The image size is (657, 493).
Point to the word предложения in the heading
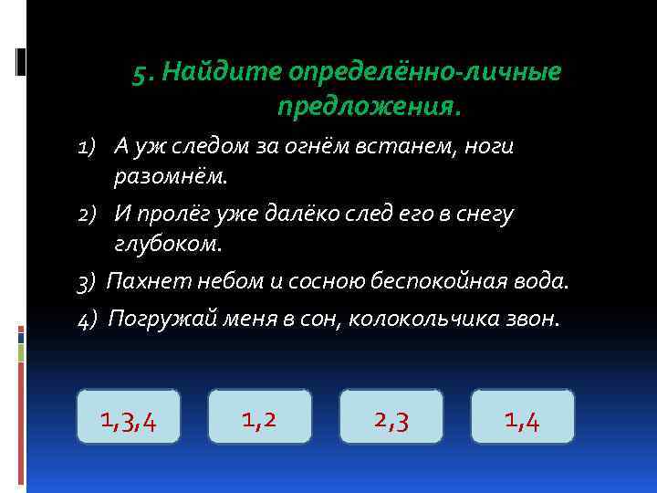click(x=369, y=108)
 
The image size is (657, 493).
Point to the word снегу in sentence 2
click(x=487, y=214)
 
